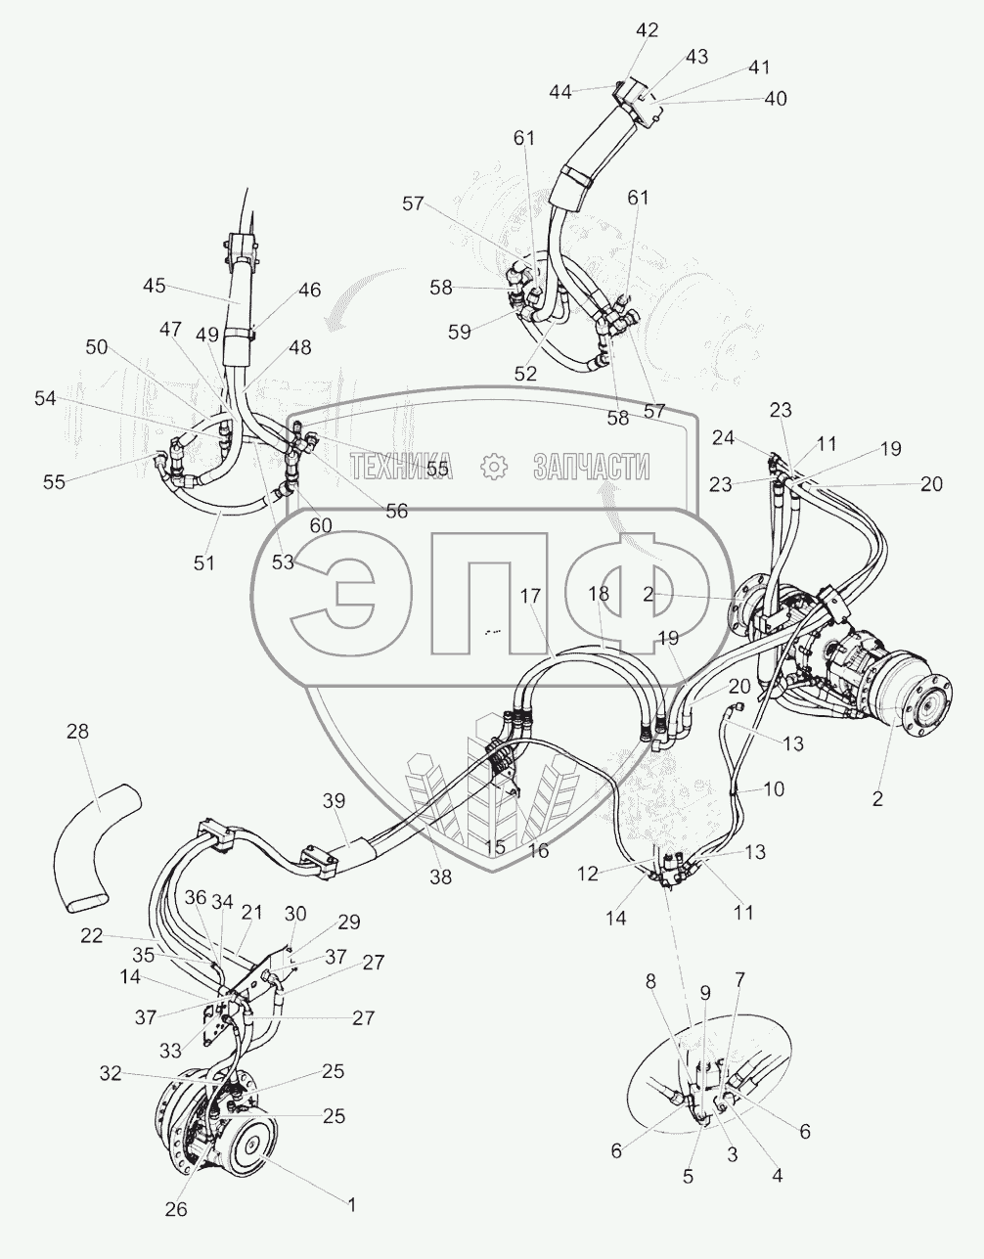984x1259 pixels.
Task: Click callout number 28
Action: click(77, 732)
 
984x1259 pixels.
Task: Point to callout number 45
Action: click(155, 286)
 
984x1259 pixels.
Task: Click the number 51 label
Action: click(203, 562)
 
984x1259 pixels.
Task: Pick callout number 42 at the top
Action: click(648, 30)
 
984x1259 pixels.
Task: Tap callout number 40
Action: click(776, 99)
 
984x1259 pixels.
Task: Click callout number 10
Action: click(773, 788)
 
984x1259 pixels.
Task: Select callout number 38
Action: click(441, 877)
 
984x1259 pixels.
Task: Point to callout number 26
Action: click(175, 1209)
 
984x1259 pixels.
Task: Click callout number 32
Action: click(111, 1073)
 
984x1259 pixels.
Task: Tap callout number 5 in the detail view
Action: click(689, 1177)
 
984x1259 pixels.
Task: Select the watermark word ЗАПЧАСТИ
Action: click(592, 468)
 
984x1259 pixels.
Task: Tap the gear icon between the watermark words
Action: click(494, 468)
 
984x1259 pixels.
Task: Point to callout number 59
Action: click(459, 331)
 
